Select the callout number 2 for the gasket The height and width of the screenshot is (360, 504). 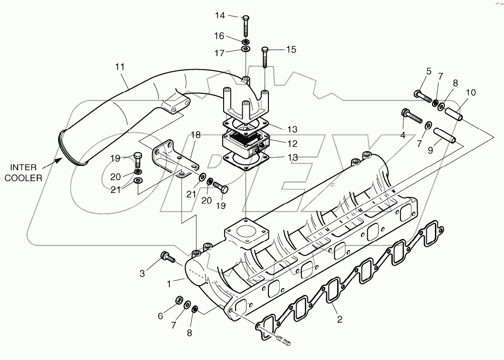tap(339, 319)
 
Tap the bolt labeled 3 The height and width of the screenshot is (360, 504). tap(168, 258)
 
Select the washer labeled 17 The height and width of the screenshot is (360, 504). tap(246, 50)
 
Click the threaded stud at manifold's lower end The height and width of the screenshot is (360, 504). tap(284, 340)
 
